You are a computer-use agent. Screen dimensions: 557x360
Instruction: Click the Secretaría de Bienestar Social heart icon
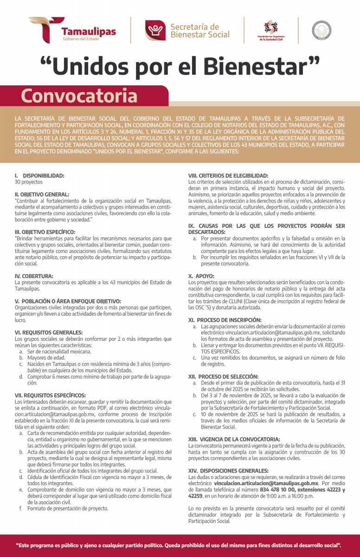[x=155, y=31]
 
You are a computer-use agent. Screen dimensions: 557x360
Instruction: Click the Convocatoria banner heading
[x=79, y=96]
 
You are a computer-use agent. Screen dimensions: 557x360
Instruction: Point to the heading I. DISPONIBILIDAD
[x=39, y=176]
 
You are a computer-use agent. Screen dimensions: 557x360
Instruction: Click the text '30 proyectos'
[x=29, y=182]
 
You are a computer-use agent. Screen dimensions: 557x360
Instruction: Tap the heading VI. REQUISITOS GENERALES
[x=49, y=332]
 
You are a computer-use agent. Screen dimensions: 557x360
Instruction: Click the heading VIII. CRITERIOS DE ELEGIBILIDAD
[x=228, y=176]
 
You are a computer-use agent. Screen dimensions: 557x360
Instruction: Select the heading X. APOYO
[x=201, y=276]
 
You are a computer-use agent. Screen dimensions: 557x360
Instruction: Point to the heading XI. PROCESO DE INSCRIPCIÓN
[x=225, y=320]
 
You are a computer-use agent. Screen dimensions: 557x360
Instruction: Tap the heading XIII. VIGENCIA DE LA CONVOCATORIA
[x=234, y=439]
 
